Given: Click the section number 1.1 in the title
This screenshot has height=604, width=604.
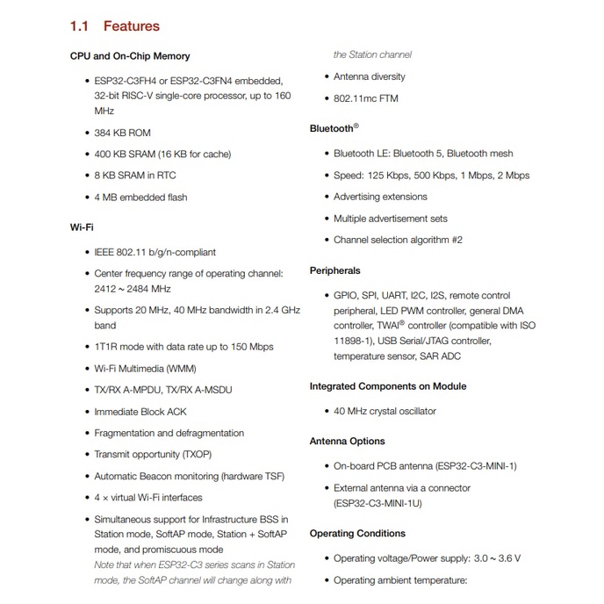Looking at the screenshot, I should click(x=81, y=26).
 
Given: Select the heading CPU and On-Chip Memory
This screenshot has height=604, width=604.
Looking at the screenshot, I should click(x=129, y=56).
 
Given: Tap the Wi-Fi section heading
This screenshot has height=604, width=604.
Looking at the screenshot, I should click(x=82, y=227).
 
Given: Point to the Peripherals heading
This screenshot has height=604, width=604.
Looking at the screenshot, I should click(x=334, y=270).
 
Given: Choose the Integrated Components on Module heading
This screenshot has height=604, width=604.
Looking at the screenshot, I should click(x=388, y=386).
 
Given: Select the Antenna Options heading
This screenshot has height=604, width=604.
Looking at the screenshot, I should click(x=347, y=441).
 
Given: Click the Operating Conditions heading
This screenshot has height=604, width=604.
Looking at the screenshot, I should click(x=357, y=533).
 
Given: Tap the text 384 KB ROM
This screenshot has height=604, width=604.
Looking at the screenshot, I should click(x=122, y=133).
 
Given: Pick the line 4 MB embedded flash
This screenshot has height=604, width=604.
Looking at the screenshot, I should click(x=140, y=198).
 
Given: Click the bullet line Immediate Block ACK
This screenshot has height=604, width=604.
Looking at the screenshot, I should click(x=140, y=412).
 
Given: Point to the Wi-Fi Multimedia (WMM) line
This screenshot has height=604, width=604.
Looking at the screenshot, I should click(x=145, y=369).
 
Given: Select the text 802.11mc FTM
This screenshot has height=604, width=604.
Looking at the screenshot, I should click(x=365, y=98).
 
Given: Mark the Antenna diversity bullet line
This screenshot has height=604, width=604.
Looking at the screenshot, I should click(x=370, y=77).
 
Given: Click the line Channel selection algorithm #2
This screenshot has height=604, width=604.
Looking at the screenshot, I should click(x=398, y=240).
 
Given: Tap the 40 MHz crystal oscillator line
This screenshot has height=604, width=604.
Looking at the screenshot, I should click(x=385, y=411).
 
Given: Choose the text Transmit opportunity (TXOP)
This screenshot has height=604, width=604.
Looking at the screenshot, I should click(x=153, y=455).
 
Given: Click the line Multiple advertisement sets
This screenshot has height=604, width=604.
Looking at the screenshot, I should click(x=390, y=219).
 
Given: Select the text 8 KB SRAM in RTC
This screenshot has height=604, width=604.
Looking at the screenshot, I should click(x=135, y=176).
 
